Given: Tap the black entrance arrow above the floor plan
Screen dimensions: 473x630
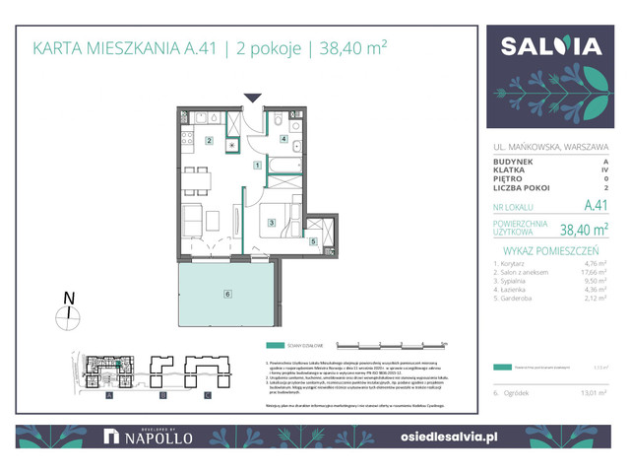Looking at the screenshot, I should pyautogui.click(x=253, y=97).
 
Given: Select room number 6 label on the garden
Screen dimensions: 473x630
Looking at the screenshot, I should pyautogui.click(x=227, y=294).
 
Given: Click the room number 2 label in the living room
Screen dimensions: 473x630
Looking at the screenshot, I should pyautogui.click(x=209, y=141).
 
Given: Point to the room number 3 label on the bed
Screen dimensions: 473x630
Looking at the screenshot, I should pyautogui.click(x=272, y=223).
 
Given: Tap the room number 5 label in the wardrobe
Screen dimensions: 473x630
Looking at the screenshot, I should pyautogui.click(x=313, y=240).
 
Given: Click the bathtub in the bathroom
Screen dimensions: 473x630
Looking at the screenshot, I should pyautogui.click(x=282, y=180).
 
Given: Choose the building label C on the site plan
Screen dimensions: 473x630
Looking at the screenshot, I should pyautogui.click(x=208, y=395).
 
